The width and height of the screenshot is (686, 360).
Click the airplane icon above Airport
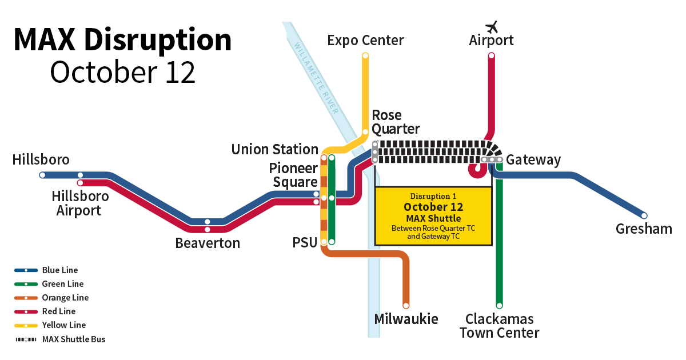tap(491, 26)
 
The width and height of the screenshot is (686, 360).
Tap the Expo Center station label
tap(365, 41)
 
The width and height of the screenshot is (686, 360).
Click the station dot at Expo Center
tap(365, 55)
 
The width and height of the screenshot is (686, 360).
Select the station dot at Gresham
tap(644, 216)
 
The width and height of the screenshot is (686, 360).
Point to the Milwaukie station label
tap(406, 319)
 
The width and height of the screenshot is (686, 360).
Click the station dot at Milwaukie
tap(406, 305)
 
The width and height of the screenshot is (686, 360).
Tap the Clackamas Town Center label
tap(499, 326)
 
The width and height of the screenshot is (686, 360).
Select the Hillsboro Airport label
tap(80, 203)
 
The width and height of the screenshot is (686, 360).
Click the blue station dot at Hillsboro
tap(42, 175)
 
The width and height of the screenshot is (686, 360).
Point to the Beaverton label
tap(208, 243)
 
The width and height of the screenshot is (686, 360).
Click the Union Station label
tap(274, 150)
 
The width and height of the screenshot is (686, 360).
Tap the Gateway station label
tap(533, 160)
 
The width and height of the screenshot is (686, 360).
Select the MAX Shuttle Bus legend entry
tap(73, 339)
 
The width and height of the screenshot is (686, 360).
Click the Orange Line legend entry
tap(65, 298)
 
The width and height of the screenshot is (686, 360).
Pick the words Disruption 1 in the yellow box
tap(433, 196)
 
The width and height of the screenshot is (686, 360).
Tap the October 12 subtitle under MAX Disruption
tap(123, 73)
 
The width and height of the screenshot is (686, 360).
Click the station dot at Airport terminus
tap(491, 55)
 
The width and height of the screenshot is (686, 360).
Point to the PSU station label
tap(305, 243)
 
